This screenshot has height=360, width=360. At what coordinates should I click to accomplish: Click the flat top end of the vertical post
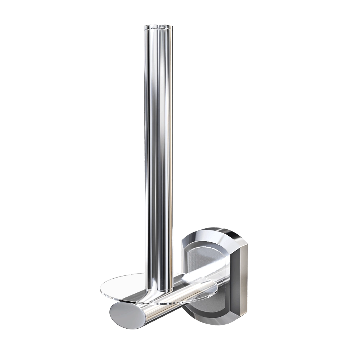pyautogui.click(x=158, y=26)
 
